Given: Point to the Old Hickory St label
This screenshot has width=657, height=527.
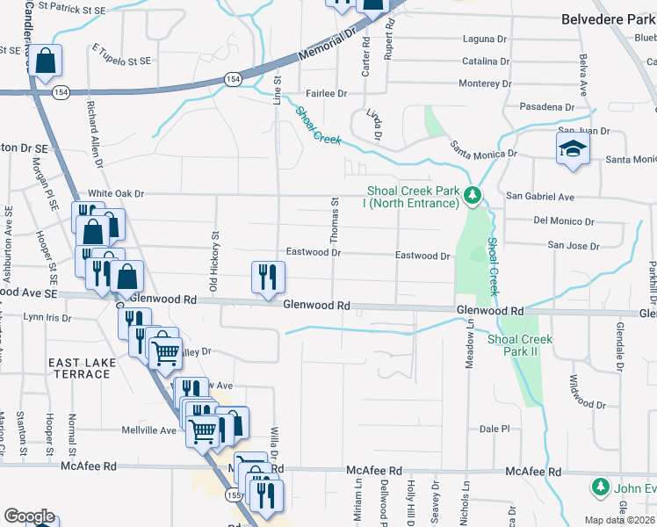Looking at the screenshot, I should [x=213, y=260].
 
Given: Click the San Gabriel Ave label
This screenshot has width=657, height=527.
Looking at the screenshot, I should [x=540, y=197].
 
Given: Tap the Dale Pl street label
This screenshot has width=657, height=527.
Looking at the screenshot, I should [x=495, y=429].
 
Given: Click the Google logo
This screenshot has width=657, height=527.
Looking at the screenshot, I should [x=29, y=516].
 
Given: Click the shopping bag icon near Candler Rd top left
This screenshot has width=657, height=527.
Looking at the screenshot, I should [x=47, y=61].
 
